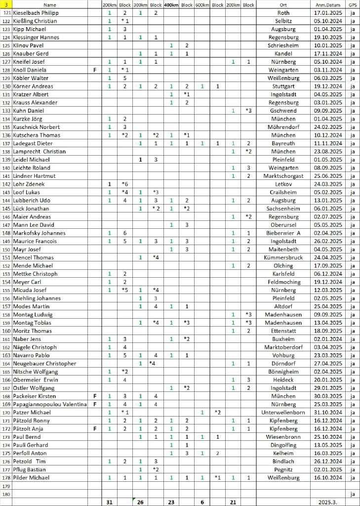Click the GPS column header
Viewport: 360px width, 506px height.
click(352, 4)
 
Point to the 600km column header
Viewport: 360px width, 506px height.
click(202, 4)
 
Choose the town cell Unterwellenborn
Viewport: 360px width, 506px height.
click(283, 412)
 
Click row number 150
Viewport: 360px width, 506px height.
click(6, 250)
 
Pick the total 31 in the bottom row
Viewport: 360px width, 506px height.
click(109, 502)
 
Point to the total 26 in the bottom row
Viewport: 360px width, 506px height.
click(140, 502)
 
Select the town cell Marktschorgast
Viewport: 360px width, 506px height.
click(283, 176)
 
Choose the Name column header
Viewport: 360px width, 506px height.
click(50, 4)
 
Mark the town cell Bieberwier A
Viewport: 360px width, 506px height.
click(283, 233)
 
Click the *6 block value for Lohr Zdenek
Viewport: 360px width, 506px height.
click(125, 184)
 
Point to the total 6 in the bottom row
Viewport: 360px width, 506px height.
click(202, 502)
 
